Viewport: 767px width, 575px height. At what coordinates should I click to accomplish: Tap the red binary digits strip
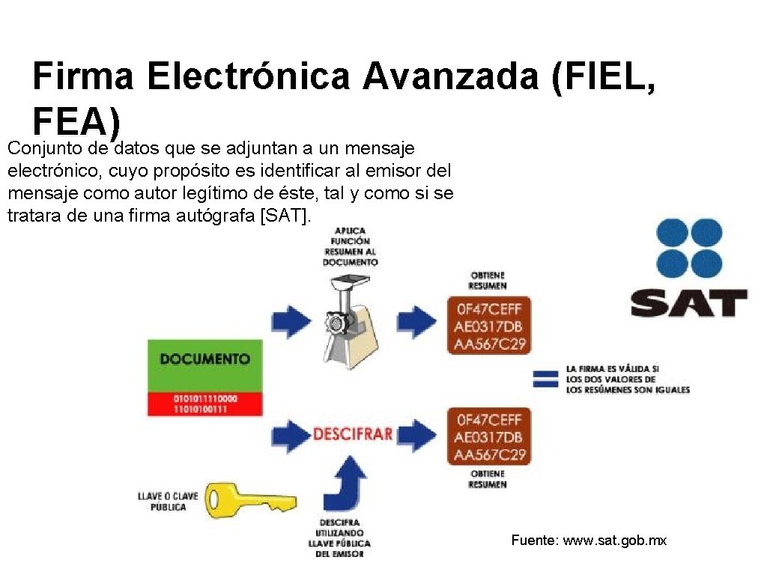204,404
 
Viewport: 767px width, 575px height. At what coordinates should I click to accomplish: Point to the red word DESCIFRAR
352,434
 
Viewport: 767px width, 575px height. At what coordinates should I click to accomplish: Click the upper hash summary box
488,326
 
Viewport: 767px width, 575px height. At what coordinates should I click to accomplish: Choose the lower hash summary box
488,436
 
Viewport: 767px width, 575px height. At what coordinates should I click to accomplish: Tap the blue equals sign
545,379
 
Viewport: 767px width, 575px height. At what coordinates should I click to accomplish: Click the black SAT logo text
688,303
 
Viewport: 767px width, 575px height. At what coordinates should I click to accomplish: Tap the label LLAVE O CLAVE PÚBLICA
163,502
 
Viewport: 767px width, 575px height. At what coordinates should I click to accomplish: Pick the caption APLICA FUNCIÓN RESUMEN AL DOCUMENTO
350,246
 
